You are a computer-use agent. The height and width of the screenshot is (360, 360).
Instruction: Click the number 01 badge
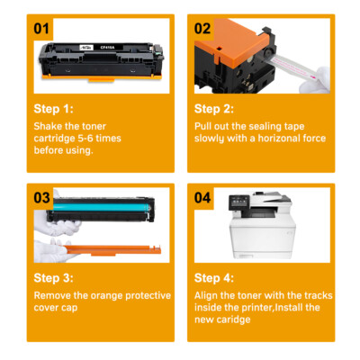[41, 29]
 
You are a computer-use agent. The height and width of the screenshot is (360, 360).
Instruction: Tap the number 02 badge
[202, 29]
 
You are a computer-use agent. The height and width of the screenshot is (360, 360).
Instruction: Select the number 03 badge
[41, 198]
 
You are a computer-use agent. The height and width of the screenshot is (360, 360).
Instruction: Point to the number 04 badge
[202, 198]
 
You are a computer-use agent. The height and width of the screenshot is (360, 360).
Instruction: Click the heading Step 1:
[53, 109]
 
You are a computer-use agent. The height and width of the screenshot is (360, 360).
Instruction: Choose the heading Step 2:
[214, 109]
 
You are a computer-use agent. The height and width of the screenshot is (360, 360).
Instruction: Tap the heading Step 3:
[53, 278]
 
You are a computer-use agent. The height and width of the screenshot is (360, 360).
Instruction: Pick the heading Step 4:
[214, 278]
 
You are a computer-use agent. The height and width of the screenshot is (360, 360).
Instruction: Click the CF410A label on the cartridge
[105, 47]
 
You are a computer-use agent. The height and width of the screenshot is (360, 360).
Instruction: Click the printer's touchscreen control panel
[238, 202]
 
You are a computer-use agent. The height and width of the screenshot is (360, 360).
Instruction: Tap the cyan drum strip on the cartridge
[102, 207]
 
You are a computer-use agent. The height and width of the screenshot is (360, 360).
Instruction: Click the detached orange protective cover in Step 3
[112, 250]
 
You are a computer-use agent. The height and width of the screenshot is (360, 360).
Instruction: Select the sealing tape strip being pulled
[292, 67]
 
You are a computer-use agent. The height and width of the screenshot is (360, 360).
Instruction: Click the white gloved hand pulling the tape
[315, 80]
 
